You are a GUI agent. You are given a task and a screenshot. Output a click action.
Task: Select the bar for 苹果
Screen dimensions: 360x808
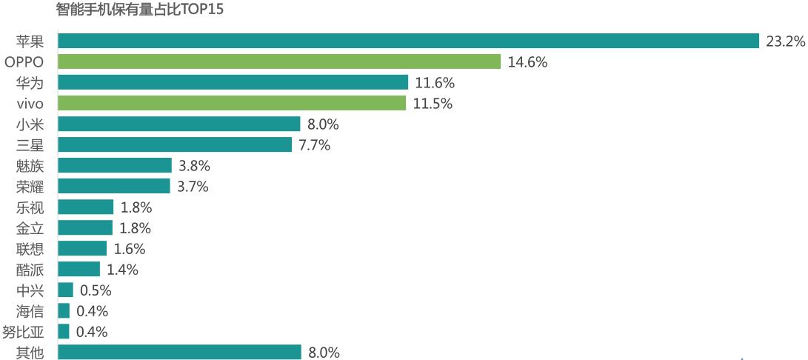click(408, 41)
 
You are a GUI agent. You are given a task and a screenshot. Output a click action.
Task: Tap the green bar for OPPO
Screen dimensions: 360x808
click(278, 61)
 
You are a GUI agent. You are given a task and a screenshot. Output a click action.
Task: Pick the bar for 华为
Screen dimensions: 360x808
click(233, 82)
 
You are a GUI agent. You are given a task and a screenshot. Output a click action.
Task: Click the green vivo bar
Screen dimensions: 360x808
click(231, 103)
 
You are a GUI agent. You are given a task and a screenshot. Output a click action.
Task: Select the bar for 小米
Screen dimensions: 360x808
click(178, 124)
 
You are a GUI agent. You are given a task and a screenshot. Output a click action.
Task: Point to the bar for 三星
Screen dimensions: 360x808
click(174, 144)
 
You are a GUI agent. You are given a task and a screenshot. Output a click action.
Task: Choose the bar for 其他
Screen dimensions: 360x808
click(179, 352)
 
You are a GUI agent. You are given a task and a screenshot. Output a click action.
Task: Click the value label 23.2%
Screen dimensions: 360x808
click(785, 41)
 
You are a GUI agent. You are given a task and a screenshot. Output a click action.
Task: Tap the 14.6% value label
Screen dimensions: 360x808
click(527, 62)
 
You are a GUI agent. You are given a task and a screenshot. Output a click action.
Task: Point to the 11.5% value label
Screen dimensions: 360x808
click(433, 104)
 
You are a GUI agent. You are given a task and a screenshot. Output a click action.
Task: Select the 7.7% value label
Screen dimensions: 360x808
click(314, 145)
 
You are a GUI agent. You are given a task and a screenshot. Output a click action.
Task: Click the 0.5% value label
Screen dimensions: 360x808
click(96, 290)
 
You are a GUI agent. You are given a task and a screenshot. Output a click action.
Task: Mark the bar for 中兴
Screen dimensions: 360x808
click(65, 290)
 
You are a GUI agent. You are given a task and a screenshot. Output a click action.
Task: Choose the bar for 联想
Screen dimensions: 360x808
click(81, 248)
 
